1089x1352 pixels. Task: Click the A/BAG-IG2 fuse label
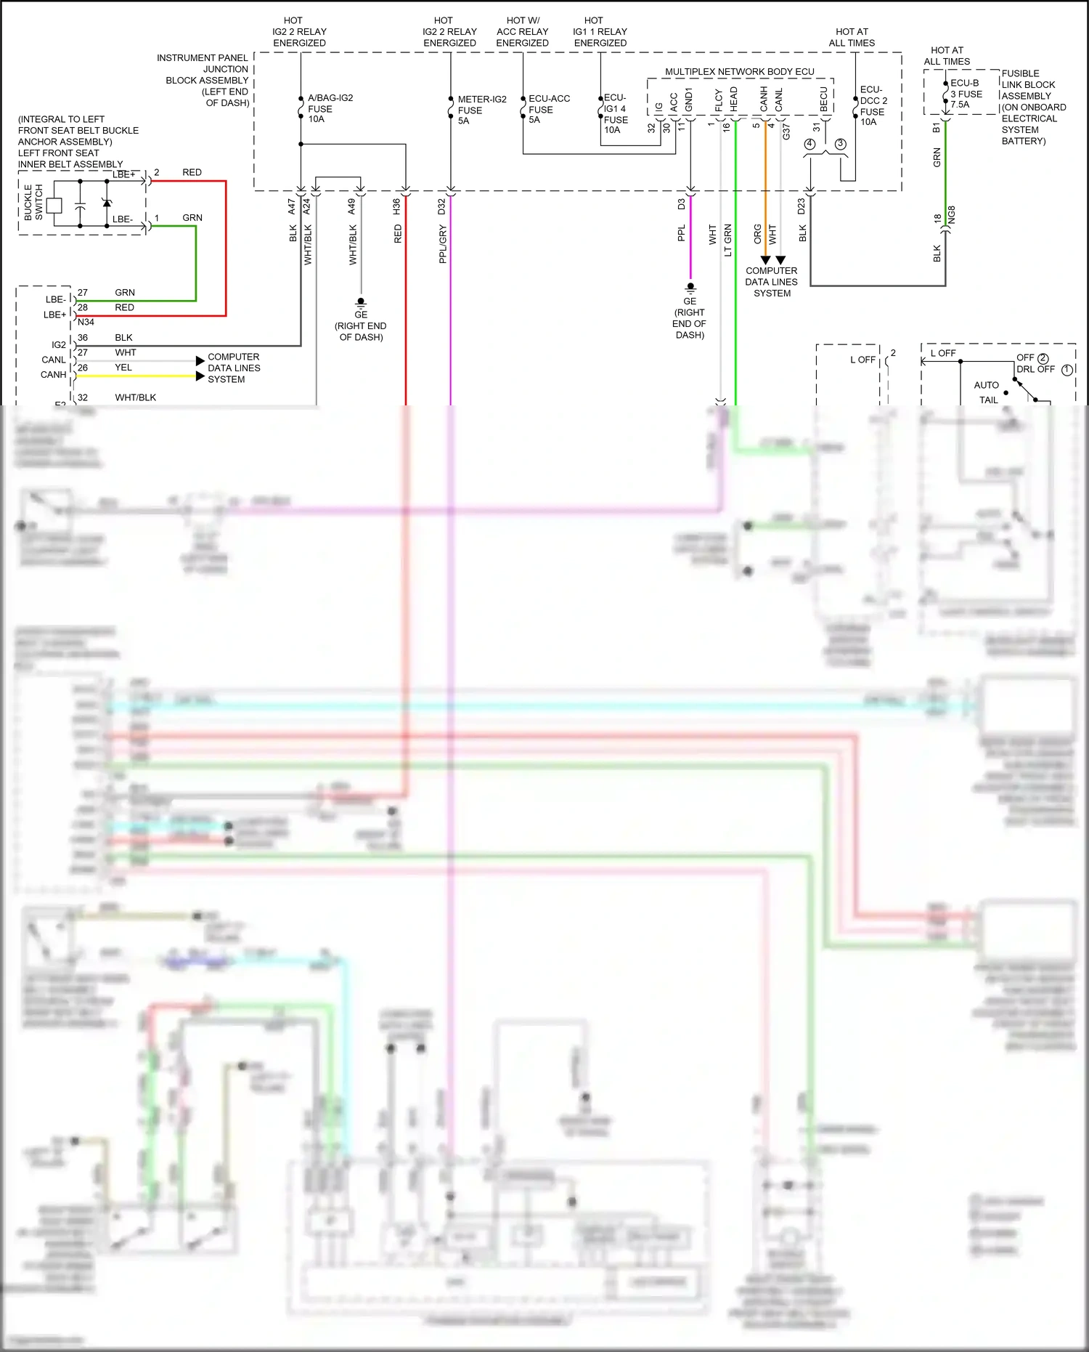click(x=330, y=108)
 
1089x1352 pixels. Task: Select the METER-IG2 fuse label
click(x=481, y=110)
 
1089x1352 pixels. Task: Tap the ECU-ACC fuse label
click(x=548, y=109)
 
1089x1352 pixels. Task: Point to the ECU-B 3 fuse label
click(x=966, y=94)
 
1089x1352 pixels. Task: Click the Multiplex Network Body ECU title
click(x=739, y=72)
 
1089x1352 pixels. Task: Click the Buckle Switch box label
click(x=33, y=202)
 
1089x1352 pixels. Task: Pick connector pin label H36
click(x=396, y=206)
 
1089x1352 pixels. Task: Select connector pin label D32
click(x=441, y=206)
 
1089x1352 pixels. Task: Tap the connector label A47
click(x=292, y=206)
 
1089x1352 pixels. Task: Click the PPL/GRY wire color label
click(x=443, y=244)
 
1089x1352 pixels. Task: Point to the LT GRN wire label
click(x=727, y=240)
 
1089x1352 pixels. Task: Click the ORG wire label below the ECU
click(x=757, y=234)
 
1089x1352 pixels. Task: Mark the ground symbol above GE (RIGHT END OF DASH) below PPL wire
click(x=690, y=288)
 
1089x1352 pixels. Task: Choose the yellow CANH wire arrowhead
click(x=200, y=376)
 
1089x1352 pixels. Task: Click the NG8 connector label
click(x=952, y=215)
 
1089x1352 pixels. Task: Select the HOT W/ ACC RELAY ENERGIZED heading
click(x=522, y=32)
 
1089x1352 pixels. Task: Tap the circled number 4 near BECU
click(x=810, y=144)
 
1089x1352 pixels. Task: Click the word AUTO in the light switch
click(x=986, y=385)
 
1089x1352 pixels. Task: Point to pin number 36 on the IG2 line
click(x=83, y=338)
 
